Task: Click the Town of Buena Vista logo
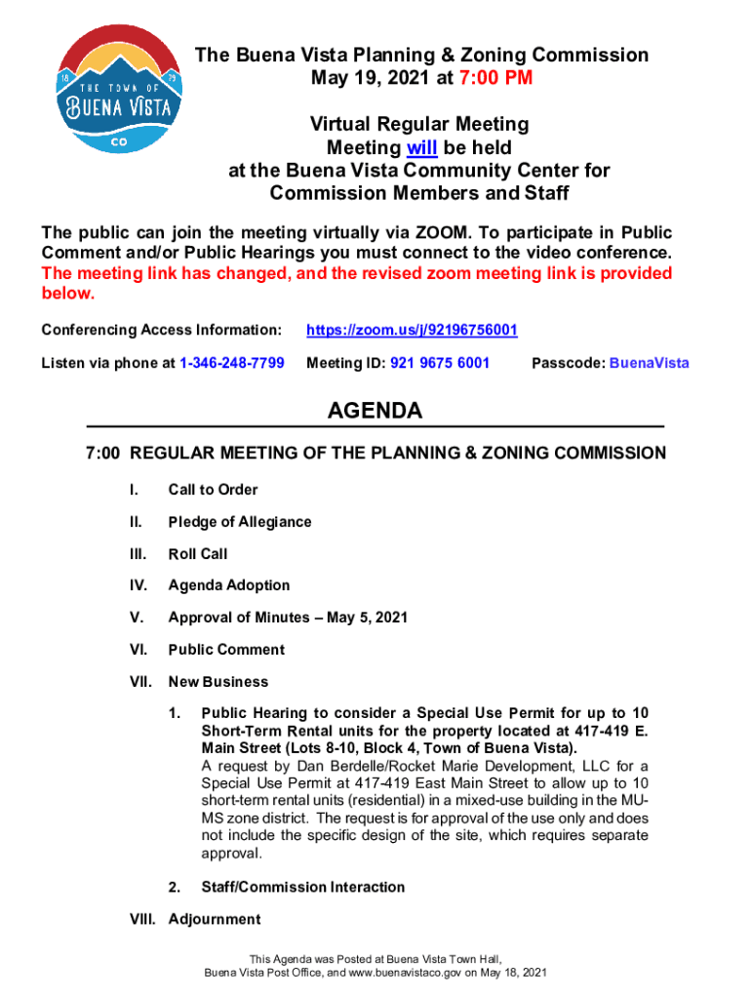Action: (118, 89)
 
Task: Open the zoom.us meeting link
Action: (412, 331)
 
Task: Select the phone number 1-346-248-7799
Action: (232, 363)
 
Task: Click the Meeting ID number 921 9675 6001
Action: (440, 363)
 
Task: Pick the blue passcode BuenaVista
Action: (649, 363)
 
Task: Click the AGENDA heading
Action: (375, 411)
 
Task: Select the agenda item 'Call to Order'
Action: (213, 490)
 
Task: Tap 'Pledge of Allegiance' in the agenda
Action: (240, 522)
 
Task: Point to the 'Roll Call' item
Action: (198, 554)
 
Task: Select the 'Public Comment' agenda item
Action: (226, 650)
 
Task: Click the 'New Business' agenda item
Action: (218, 682)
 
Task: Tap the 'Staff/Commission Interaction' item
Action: (302, 887)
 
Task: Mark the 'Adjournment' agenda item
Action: (215, 919)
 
